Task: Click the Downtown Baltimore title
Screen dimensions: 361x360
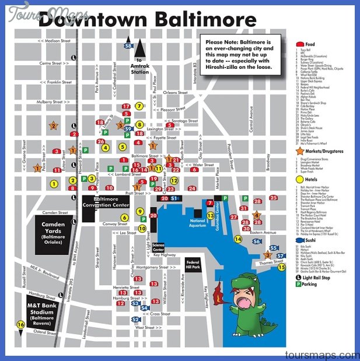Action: click(147, 21)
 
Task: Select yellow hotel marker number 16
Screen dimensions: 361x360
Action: click(21, 325)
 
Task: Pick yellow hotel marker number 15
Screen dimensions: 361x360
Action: click(281, 268)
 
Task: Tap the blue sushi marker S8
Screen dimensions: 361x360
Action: click(128, 45)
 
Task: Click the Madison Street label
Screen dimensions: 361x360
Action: click(56, 41)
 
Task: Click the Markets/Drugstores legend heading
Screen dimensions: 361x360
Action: click(320, 151)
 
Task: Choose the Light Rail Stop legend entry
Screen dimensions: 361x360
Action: click(319, 278)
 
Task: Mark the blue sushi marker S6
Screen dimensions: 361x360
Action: click(256, 241)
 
